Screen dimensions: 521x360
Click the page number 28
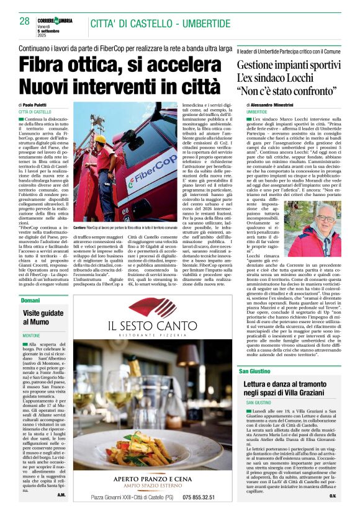point(24,21)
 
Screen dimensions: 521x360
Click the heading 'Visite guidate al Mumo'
point(43,317)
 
